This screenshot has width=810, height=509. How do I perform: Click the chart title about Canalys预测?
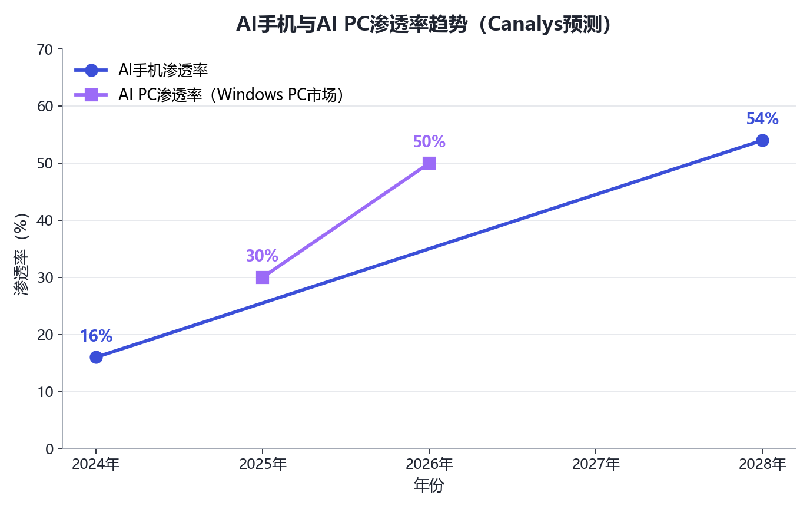coord(423,24)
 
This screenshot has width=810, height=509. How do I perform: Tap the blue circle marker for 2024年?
coord(96,358)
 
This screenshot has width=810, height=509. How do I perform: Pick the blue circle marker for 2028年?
coord(762,140)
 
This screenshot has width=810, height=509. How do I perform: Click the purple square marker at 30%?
coord(263,277)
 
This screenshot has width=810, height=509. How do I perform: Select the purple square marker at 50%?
coord(429,163)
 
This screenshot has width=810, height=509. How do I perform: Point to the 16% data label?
coord(96,336)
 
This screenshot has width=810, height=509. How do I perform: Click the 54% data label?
coord(762,118)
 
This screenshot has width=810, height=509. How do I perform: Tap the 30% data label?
coord(262,256)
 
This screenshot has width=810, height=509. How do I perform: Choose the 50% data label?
coord(429,141)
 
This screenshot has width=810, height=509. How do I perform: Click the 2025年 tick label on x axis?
coord(263,464)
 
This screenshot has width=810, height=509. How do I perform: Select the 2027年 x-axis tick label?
coord(596,464)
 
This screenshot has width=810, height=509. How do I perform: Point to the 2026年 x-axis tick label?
coord(429,464)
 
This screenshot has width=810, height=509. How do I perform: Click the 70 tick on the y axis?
coord(45,49)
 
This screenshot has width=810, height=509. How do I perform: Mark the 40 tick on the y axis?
coord(45,220)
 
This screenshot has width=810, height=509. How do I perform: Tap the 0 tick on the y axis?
coord(49,449)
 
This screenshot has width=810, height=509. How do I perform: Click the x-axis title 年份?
coord(429,485)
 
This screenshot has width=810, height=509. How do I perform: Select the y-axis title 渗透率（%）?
coord(21,254)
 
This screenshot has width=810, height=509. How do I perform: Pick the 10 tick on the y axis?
coord(45,392)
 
